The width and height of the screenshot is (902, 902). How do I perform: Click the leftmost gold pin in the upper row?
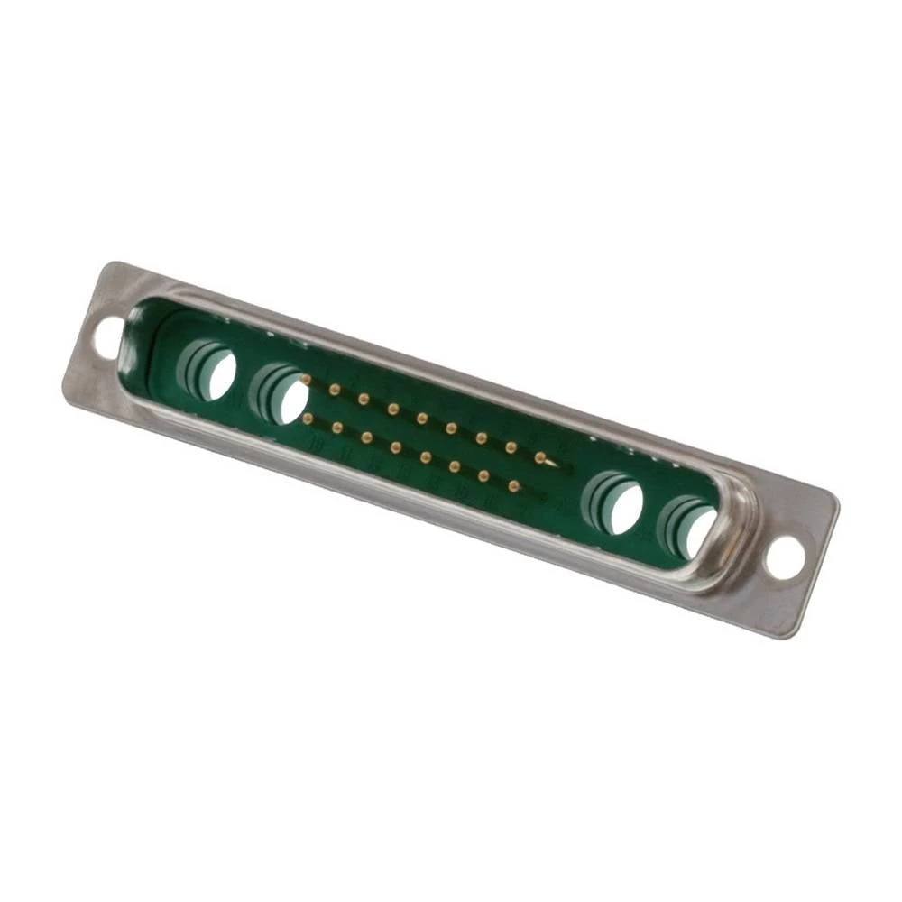tap(306, 382)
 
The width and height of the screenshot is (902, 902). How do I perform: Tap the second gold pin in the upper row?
tap(335, 390)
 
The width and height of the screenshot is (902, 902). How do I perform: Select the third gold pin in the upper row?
tap(364, 398)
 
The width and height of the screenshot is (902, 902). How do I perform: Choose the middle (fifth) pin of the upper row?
tap(421, 417)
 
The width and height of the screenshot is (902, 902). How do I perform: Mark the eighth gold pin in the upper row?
tap(511, 447)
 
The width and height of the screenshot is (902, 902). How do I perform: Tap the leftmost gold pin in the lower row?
tap(308, 419)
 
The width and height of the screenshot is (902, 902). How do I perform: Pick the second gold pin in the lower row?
tap(337, 427)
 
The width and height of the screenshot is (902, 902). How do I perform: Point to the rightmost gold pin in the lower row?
tap(513, 486)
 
